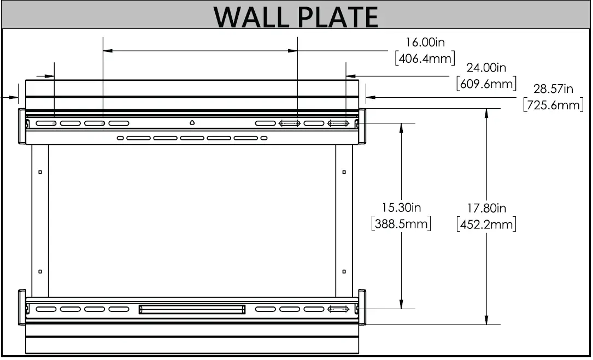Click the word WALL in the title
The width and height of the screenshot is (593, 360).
[252, 17]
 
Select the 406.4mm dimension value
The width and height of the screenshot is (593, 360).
[425, 58]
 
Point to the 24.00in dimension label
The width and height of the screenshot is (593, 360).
[486, 68]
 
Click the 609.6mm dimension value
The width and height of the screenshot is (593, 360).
[486, 84]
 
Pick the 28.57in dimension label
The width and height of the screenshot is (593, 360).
[553, 89]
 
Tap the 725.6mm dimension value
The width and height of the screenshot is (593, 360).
[553, 105]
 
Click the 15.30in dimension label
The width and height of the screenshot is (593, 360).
[401, 208]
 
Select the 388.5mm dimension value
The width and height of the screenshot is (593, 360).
[401, 224]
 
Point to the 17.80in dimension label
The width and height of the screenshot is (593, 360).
[486, 208]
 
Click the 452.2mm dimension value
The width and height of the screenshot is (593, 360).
[486, 224]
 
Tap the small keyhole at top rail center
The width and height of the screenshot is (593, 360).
[192, 122]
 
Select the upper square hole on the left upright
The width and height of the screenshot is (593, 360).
[40, 172]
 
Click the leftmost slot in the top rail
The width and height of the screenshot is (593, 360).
[46, 123]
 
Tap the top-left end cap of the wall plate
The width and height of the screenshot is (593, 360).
[22, 126]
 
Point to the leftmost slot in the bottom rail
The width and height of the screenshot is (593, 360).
[46, 310]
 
